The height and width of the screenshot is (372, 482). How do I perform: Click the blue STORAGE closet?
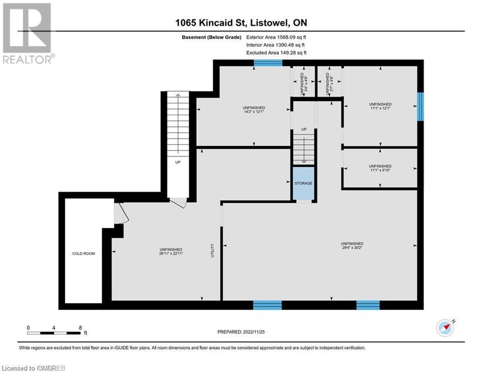[x=304, y=183]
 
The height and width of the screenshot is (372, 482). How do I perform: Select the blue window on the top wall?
[x=268, y=62]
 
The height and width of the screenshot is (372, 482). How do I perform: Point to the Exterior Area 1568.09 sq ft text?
[x=276, y=36]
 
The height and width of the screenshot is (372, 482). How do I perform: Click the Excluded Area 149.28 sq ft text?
[x=276, y=52]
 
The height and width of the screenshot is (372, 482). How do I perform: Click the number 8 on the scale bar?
[x=80, y=328]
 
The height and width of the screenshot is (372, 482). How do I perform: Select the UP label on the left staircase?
[x=178, y=162]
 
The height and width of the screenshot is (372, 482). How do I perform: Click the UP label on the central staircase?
[x=304, y=129]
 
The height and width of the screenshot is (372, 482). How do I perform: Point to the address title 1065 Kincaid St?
[x=213, y=22]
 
